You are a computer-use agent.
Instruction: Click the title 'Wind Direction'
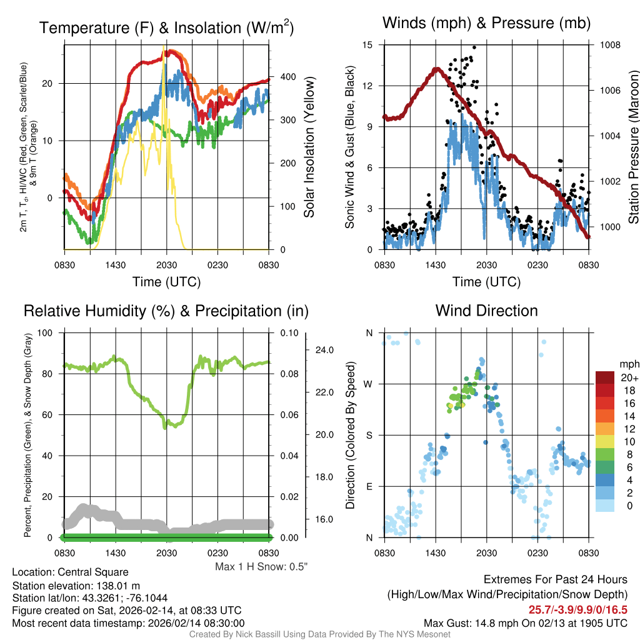tap(486, 311)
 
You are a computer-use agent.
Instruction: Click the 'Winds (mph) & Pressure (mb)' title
tap(486, 24)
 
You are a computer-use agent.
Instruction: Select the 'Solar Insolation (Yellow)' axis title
tap(309, 147)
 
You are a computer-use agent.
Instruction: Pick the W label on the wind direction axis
tap(369, 384)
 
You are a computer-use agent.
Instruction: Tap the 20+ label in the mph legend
tap(627, 378)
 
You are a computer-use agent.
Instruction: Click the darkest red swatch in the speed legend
tap(605, 378)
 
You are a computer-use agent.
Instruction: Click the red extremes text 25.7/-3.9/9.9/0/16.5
tap(578, 609)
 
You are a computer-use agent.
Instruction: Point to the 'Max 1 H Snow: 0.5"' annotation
tap(261, 567)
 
